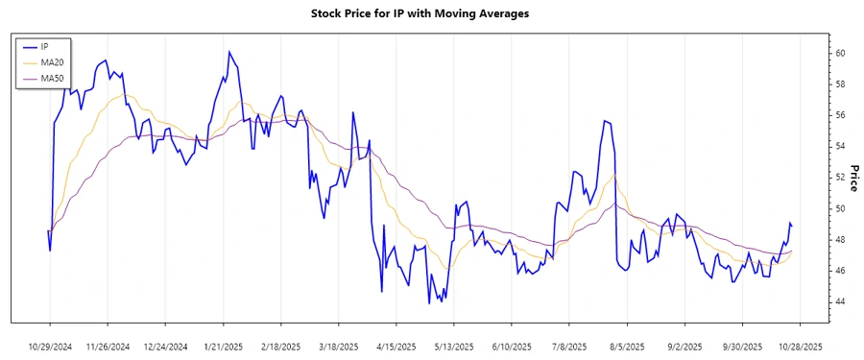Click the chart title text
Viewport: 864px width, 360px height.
(x=433, y=13)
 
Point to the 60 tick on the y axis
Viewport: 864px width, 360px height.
(x=839, y=53)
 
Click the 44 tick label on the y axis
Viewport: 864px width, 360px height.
(x=839, y=301)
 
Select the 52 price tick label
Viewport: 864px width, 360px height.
(x=839, y=178)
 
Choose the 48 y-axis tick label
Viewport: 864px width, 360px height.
(x=839, y=240)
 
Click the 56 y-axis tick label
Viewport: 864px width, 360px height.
(x=839, y=115)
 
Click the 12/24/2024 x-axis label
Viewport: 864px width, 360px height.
(x=166, y=346)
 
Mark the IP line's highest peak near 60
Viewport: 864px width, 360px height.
(x=229, y=52)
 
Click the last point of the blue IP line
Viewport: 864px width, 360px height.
(x=792, y=226)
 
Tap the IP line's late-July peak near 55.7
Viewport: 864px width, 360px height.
(x=604, y=121)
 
